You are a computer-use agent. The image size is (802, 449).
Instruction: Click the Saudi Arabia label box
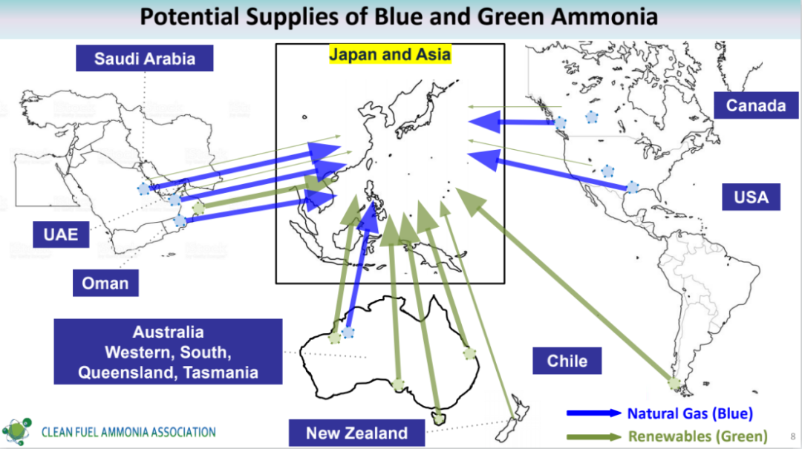click(145, 59)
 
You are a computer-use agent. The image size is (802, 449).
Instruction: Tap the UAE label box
click(61, 235)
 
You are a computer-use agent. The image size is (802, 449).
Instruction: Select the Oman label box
click(105, 283)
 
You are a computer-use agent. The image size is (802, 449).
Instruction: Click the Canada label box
click(756, 105)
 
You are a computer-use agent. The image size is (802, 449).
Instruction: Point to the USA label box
click(751, 197)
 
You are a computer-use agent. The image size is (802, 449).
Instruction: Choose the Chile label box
click(567, 361)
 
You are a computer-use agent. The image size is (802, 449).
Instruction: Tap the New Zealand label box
click(356, 433)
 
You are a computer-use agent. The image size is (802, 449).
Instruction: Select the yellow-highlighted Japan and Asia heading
click(390, 54)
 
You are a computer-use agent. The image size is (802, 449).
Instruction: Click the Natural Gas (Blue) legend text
click(690, 413)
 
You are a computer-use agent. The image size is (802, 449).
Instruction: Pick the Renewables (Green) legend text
click(697, 436)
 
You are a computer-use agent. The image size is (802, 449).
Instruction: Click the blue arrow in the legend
click(594, 413)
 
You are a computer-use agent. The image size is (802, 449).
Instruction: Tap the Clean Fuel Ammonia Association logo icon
click(16, 431)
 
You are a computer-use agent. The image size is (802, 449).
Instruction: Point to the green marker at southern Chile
click(674, 382)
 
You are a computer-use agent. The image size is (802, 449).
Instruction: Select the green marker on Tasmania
click(439, 419)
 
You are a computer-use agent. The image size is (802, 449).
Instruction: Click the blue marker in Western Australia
click(348, 332)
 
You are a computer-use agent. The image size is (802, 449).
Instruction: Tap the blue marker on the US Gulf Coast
click(633, 187)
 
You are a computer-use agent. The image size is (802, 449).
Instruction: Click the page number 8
click(793, 436)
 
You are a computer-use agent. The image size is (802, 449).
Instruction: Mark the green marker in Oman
click(198, 208)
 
